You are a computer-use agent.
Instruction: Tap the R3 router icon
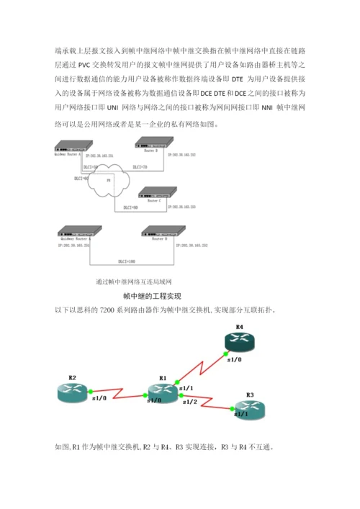pyautogui.click(x=249, y=407)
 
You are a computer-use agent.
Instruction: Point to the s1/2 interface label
pyautogui.click(x=190, y=402)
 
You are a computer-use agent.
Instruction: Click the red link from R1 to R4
pyautogui.click(x=198, y=369)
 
